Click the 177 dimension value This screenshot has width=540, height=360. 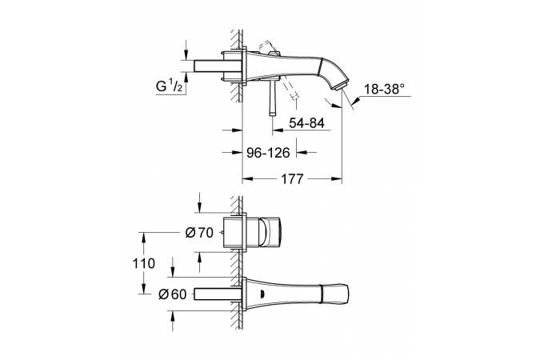pos(292,178)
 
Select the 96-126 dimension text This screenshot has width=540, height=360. pos(268,152)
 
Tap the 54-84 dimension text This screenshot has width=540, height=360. pos(306,123)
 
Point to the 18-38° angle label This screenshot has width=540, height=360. pos(384,90)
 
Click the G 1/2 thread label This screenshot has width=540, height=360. pos(170,86)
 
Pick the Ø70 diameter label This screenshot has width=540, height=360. pos(199,233)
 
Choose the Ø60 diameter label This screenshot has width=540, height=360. pos(173,294)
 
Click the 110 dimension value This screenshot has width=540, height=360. pos(144,263)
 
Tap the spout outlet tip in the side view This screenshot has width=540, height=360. pos(338,87)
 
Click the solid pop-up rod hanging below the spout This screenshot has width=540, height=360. pos(273,97)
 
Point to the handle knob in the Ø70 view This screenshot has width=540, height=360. pos(272,232)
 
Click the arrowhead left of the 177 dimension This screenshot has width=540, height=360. pos(248,178)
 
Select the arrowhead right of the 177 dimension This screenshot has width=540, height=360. pos(337,178)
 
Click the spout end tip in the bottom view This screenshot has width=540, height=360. pos(347,294)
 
